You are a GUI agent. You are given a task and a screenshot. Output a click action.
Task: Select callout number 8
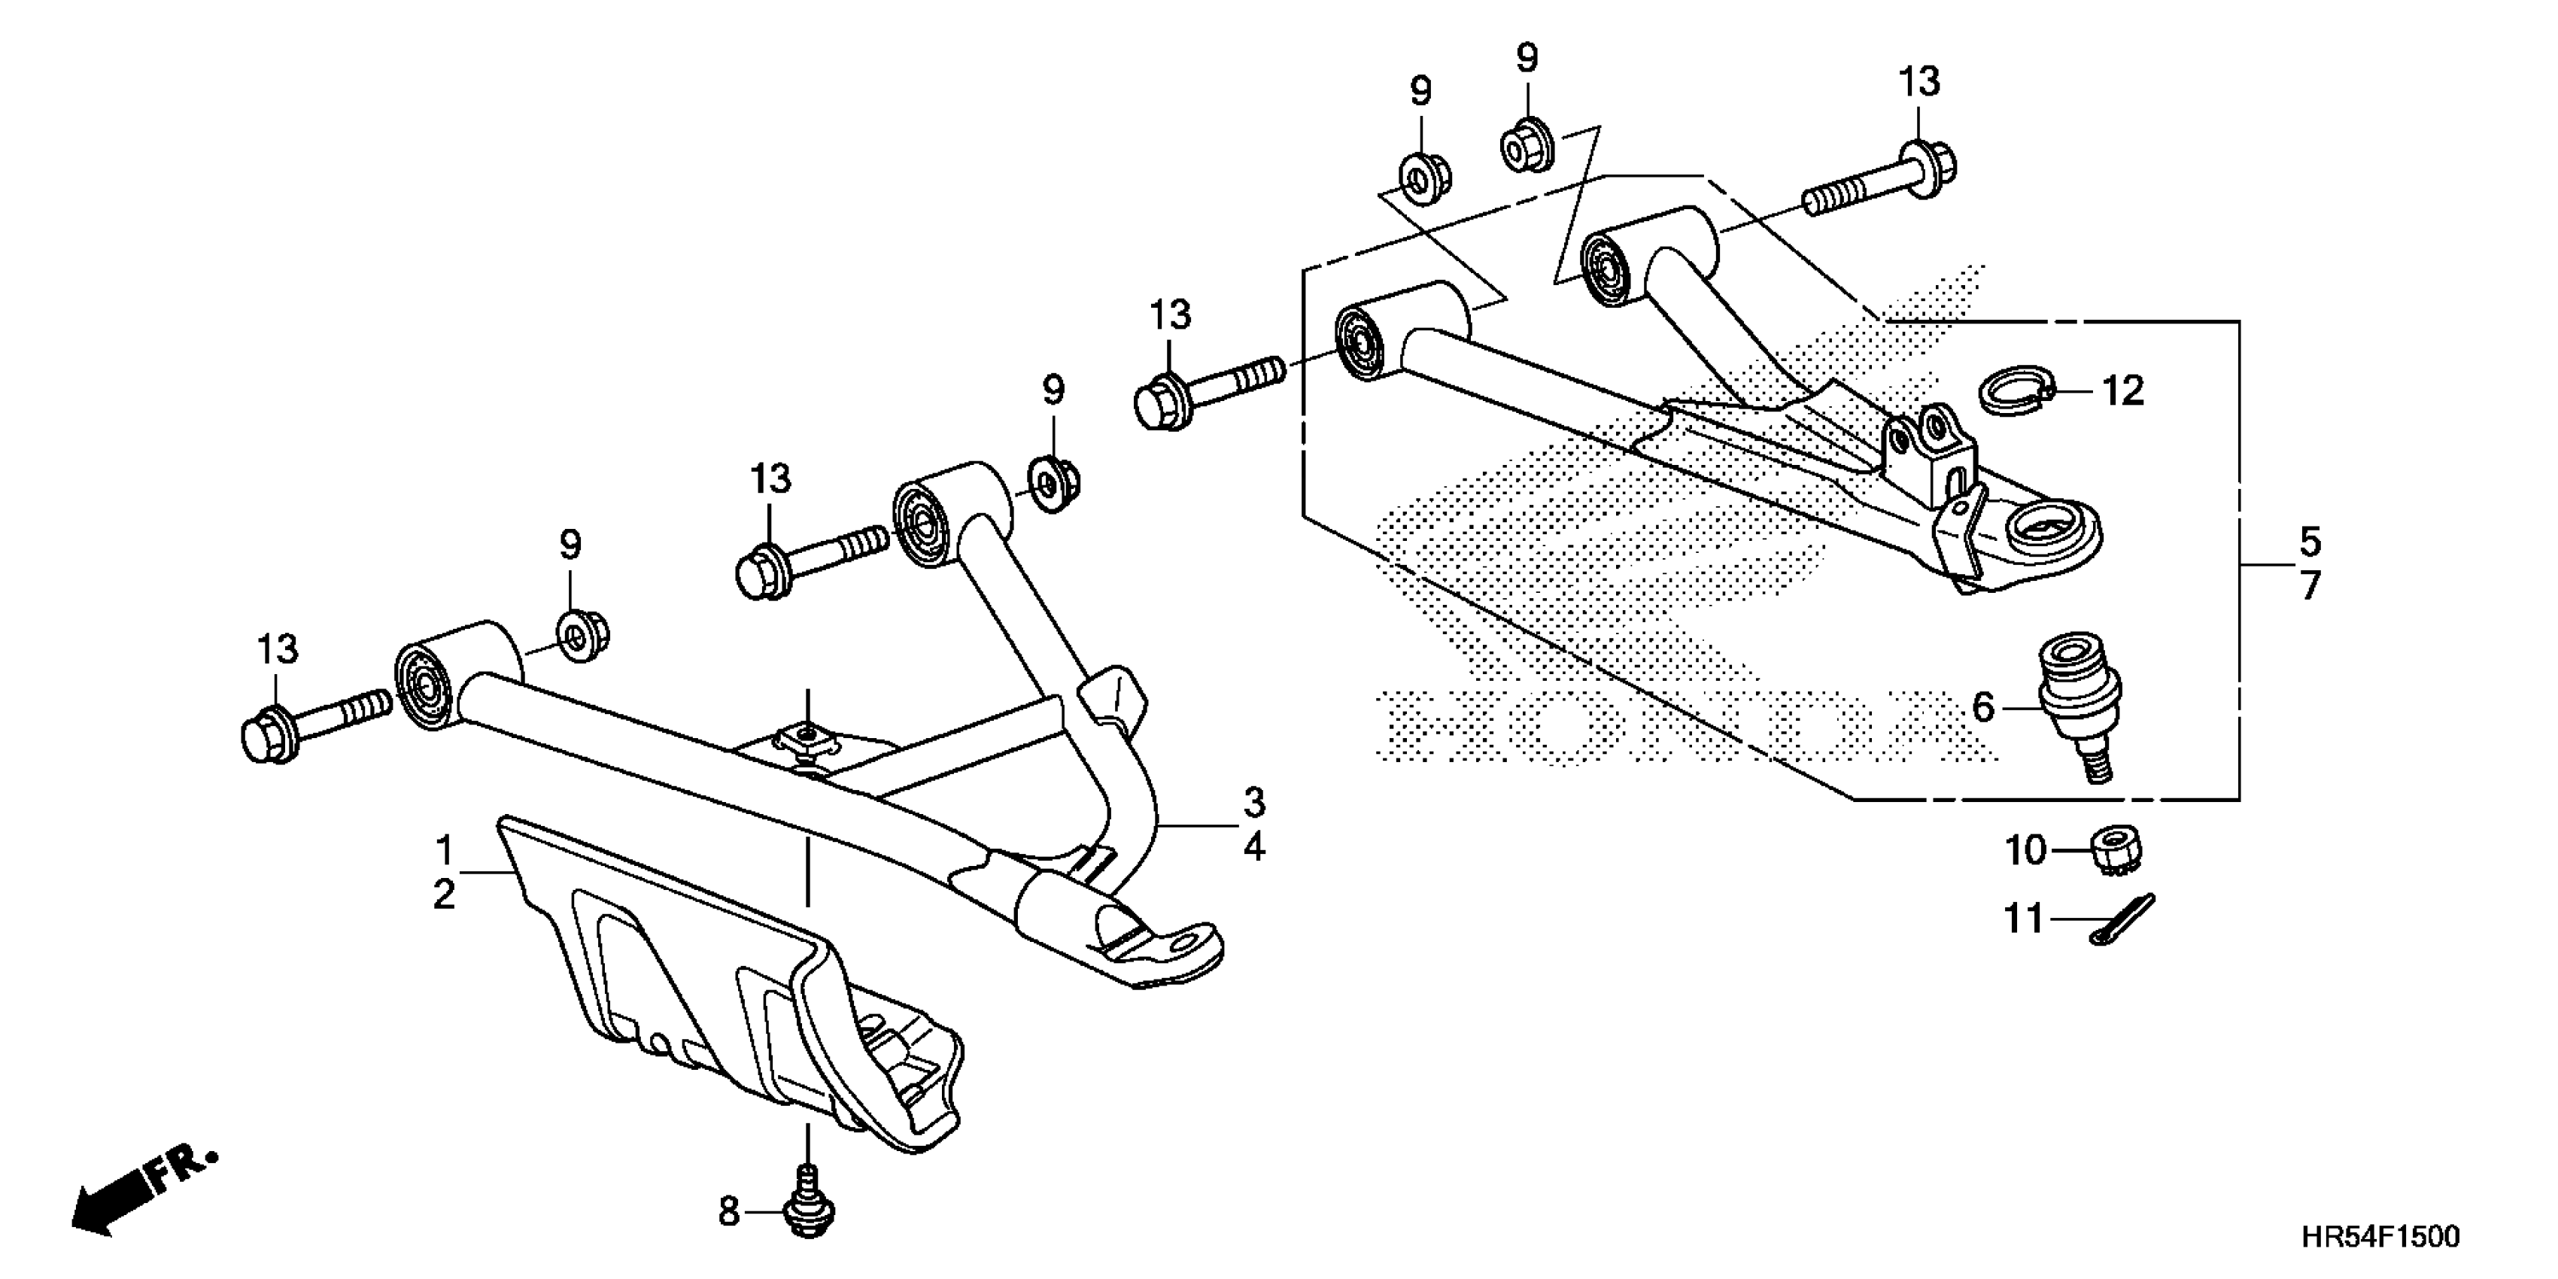click(730, 1211)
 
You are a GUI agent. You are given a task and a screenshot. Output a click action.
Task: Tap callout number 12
click(2123, 391)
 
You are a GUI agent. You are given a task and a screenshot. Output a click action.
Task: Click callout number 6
click(1982, 708)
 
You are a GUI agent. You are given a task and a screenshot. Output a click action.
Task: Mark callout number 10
click(2026, 851)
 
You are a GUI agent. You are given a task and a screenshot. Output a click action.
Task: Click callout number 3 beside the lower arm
click(1254, 801)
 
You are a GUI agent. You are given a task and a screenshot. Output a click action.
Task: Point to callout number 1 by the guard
click(444, 851)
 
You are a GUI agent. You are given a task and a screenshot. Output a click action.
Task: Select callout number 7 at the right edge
click(2310, 587)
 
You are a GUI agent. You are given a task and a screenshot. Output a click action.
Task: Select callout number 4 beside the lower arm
click(1254, 848)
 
